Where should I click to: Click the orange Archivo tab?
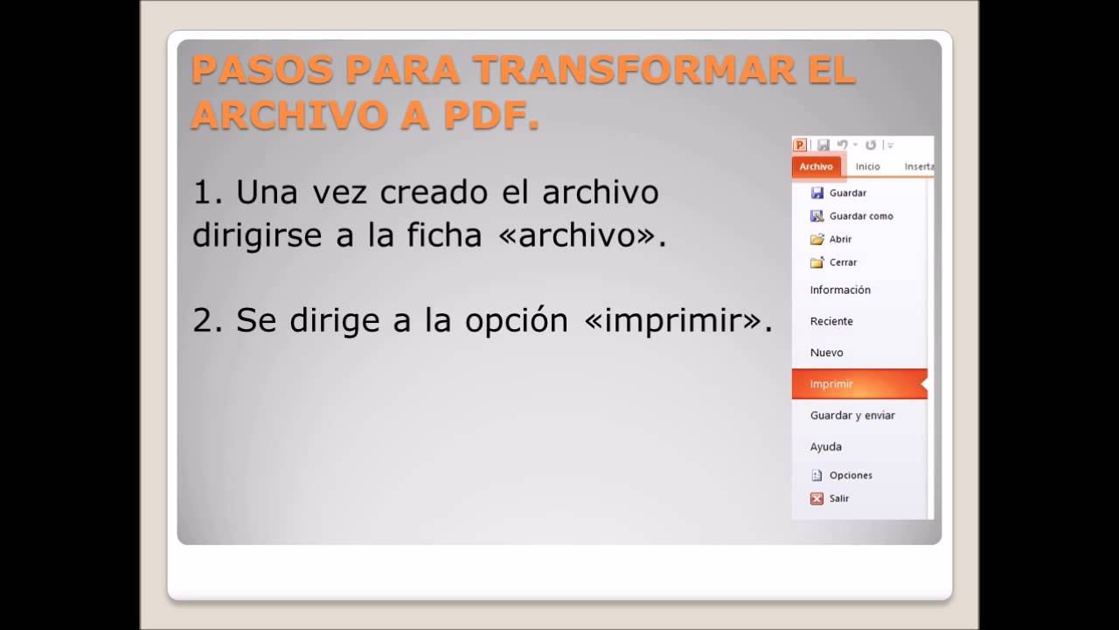[x=816, y=166]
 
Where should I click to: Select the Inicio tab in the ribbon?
[x=867, y=166]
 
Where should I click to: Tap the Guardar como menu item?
[x=860, y=216]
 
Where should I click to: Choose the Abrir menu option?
[x=839, y=239]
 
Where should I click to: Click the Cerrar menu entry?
[x=843, y=262]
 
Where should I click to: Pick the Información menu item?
[x=840, y=290]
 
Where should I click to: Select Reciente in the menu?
[x=831, y=321]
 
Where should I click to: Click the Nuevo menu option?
[x=826, y=353]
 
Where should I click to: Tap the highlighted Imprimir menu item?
[x=831, y=384]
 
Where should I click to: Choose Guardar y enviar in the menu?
[x=852, y=416]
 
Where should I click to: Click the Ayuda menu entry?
[x=825, y=446]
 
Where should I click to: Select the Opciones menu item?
[x=850, y=475]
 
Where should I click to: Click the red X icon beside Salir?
[x=817, y=499]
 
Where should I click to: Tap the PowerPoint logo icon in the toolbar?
[x=799, y=145]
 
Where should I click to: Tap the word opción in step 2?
[x=517, y=321]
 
